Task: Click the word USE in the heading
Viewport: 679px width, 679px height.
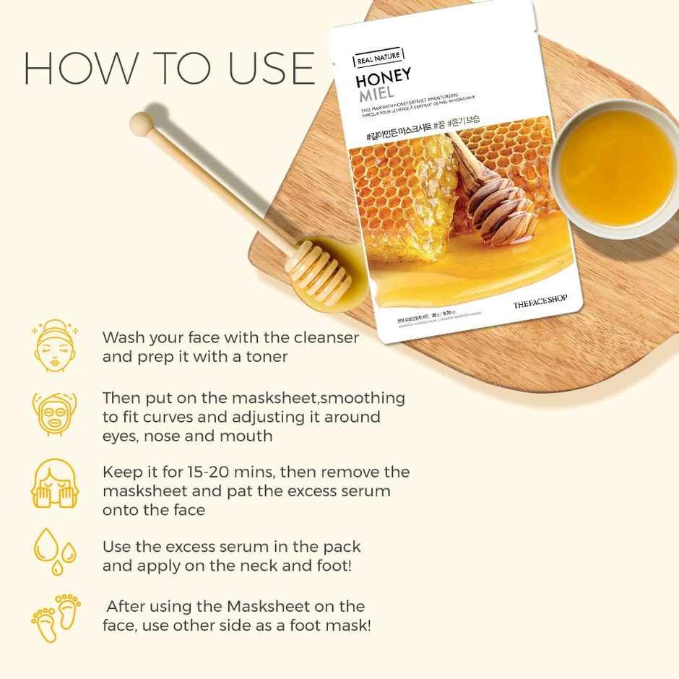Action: pyautogui.click(x=270, y=68)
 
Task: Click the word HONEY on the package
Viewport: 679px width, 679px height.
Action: pyautogui.click(x=383, y=76)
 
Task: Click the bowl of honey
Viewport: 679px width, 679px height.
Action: pyautogui.click(x=617, y=168)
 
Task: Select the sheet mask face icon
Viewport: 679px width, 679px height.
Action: pyautogui.click(x=53, y=416)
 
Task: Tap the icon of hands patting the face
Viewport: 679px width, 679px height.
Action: pyautogui.click(x=53, y=483)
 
